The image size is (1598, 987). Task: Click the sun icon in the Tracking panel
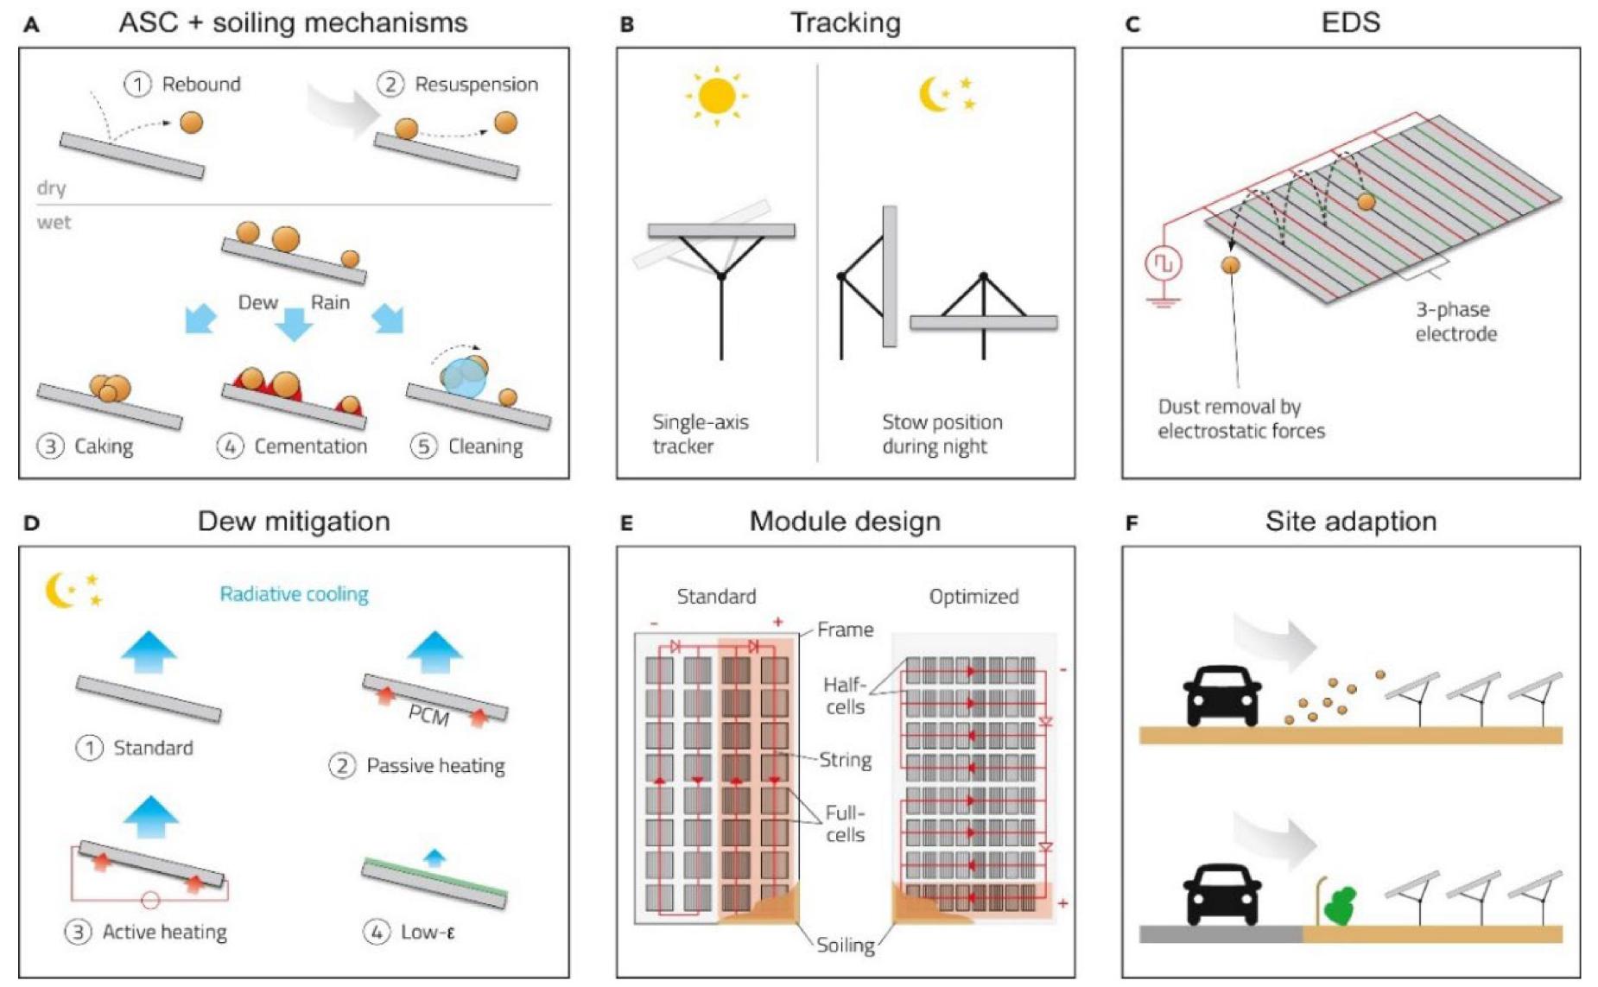(x=716, y=96)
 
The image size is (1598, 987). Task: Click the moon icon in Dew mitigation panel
(x=60, y=591)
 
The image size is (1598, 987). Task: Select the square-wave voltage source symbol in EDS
(x=1163, y=263)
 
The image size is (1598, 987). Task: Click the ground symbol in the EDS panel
(x=1163, y=302)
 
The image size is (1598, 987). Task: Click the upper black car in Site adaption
(x=1222, y=694)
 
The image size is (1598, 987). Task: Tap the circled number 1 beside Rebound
(x=137, y=85)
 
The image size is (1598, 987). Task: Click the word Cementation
(x=310, y=446)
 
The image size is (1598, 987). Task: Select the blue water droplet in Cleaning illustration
(x=464, y=378)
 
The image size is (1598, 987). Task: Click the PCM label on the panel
(x=428, y=716)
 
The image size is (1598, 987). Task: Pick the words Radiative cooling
(x=294, y=594)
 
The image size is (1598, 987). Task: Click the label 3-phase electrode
(x=1455, y=321)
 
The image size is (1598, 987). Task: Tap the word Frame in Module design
(x=845, y=630)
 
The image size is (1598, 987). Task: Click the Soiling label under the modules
(x=845, y=945)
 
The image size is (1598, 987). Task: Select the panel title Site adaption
(x=1350, y=522)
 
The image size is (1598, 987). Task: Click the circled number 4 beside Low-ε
(x=376, y=932)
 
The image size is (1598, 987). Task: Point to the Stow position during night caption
(x=942, y=433)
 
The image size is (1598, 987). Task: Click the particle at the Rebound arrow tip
(x=192, y=123)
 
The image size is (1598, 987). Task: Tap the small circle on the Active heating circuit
(x=150, y=901)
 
